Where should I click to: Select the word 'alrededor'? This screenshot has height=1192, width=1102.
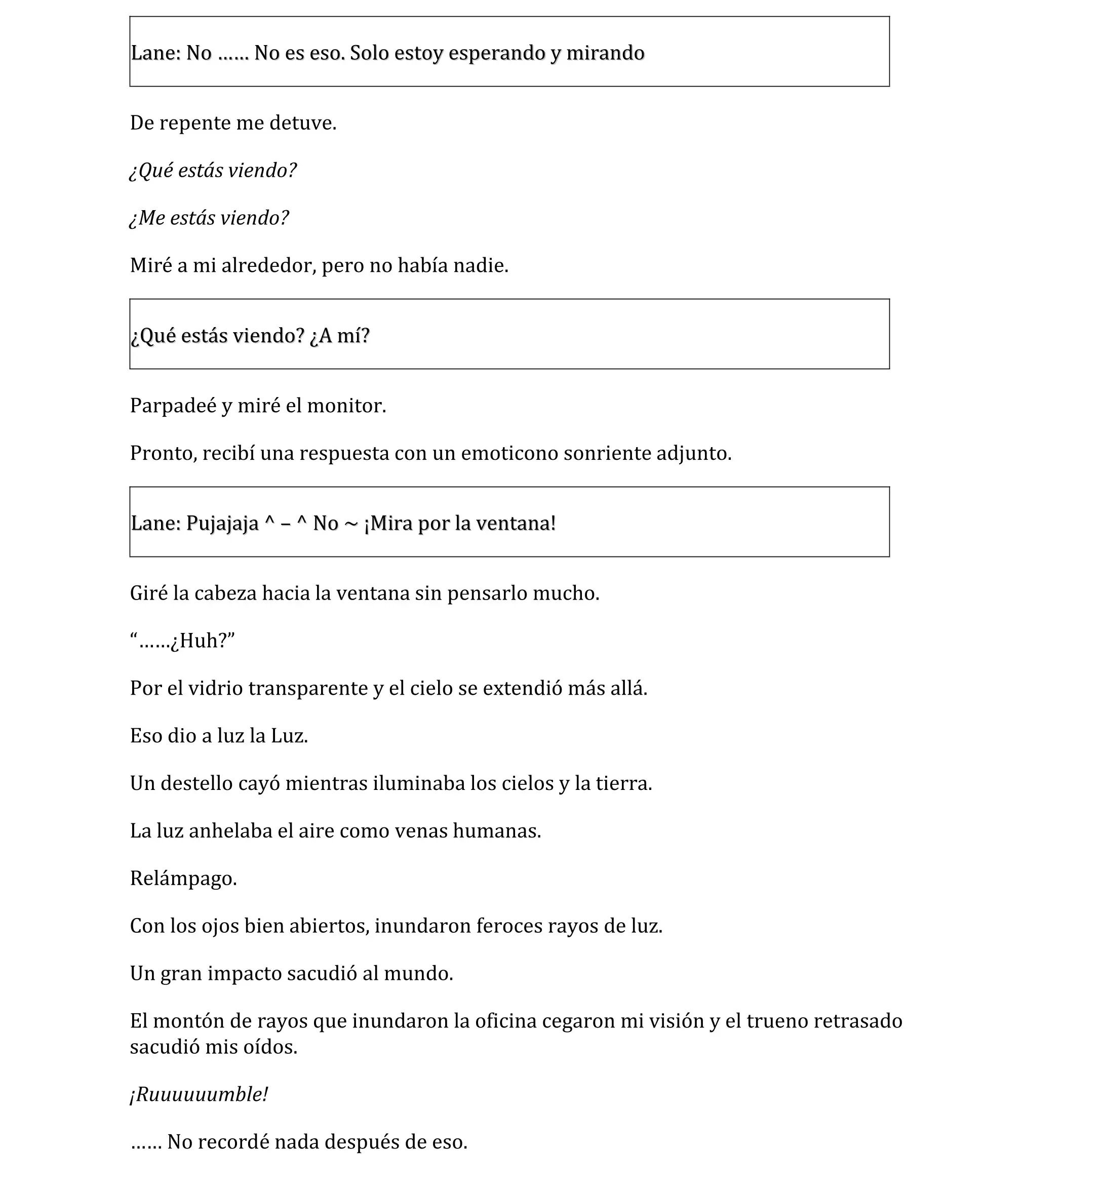click(x=268, y=266)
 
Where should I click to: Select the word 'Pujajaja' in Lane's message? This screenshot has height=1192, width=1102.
click(x=222, y=524)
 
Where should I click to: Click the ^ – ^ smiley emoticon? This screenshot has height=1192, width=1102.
click(x=286, y=524)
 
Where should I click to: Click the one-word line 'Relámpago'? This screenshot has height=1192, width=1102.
click(x=183, y=879)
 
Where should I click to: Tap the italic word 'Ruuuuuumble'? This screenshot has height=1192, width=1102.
click(x=199, y=1095)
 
